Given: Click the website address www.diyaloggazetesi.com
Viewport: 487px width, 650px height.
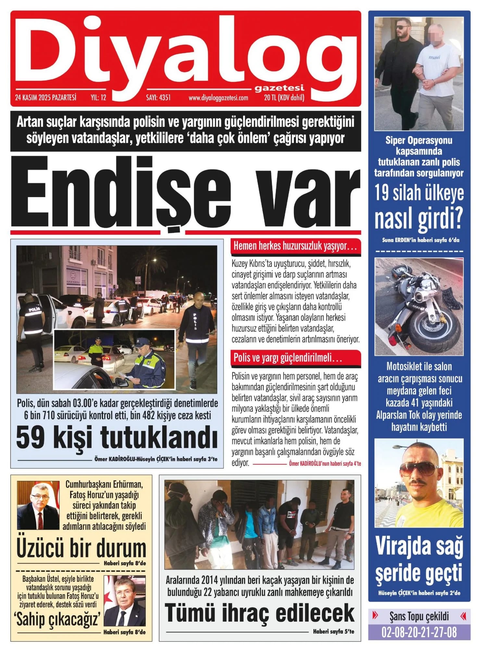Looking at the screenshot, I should [x=218, y=97].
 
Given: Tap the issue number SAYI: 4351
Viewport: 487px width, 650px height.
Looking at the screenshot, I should [x=158, y=97].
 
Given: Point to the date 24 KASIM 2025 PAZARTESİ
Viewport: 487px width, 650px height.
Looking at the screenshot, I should [x=45, y=97].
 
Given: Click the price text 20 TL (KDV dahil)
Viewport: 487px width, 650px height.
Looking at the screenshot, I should [x=284, y=97].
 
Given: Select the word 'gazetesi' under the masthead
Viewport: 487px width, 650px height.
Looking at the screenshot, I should [x=279, y=88].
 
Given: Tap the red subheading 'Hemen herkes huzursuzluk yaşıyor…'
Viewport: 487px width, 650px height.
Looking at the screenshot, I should [x=295, y=246].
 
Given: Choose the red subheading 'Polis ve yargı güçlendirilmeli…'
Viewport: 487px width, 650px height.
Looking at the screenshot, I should [x=288, y=358].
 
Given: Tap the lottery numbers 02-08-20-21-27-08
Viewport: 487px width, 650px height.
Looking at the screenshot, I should [x=419, y=632].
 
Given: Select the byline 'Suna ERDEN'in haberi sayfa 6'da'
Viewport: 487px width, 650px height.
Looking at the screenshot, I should [x=420, y=240].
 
